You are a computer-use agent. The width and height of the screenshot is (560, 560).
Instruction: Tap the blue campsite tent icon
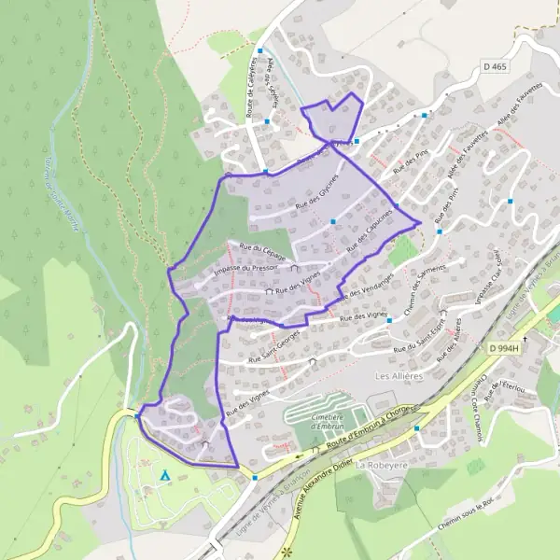click(165, 475)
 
